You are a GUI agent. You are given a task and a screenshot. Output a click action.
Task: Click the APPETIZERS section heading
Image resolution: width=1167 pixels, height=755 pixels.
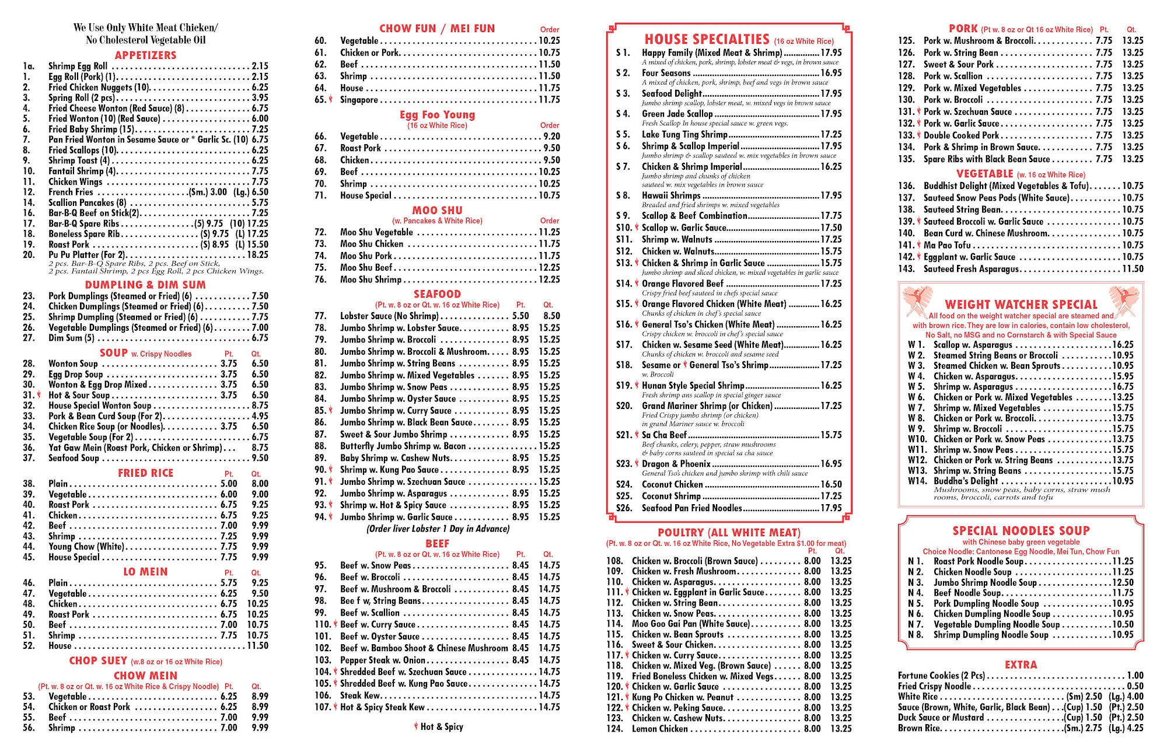[x=145, y=55]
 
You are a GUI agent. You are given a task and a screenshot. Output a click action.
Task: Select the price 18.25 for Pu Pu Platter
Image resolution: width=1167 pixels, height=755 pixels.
[x=257, y=255]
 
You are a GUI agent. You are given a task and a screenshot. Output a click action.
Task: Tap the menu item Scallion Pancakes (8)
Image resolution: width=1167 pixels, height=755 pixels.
[x=87, y=202]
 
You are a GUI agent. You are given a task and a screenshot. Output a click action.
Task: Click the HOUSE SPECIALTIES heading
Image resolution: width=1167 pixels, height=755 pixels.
[x=707, y=40]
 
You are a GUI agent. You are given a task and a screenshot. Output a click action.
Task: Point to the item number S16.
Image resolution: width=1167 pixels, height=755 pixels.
[x=623, y=324]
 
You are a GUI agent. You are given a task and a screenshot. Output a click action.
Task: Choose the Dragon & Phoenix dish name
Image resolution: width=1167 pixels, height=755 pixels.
[x=676, y=464]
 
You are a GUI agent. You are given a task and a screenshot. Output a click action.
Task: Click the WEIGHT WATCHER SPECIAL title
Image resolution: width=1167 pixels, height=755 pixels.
[x=1021, y=305]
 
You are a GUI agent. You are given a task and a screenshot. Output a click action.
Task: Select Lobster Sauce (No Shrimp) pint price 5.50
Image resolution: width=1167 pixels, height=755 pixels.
[x=520, y=316]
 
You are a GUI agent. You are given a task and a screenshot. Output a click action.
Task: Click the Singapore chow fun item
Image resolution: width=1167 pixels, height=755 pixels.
[x=359, y=100]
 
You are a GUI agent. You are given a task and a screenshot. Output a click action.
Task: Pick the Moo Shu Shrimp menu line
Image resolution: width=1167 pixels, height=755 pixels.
[x=371, y=279]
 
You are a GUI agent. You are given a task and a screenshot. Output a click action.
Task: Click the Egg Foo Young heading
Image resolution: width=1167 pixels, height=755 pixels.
[x=437, y=115]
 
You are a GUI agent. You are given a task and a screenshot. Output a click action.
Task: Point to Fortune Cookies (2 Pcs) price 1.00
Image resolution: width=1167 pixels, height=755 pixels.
[x=1135, y=676]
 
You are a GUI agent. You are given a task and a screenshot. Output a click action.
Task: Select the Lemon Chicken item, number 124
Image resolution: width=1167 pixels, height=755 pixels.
[x=660, y=729]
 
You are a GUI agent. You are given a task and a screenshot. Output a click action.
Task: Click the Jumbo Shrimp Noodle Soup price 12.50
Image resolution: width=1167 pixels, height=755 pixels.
[x=1123, y=582]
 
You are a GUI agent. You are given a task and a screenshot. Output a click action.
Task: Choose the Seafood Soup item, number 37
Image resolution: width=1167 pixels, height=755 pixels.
[x=74, y=458]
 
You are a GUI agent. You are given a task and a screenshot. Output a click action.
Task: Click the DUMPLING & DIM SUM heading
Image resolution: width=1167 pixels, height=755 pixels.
[x=145, y=285]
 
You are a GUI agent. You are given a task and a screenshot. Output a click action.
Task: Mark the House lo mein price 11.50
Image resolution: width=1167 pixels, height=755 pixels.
[x=257, y=646]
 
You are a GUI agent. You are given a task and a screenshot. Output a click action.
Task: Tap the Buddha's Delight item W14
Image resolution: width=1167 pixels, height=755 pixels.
[x=966, y=481]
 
